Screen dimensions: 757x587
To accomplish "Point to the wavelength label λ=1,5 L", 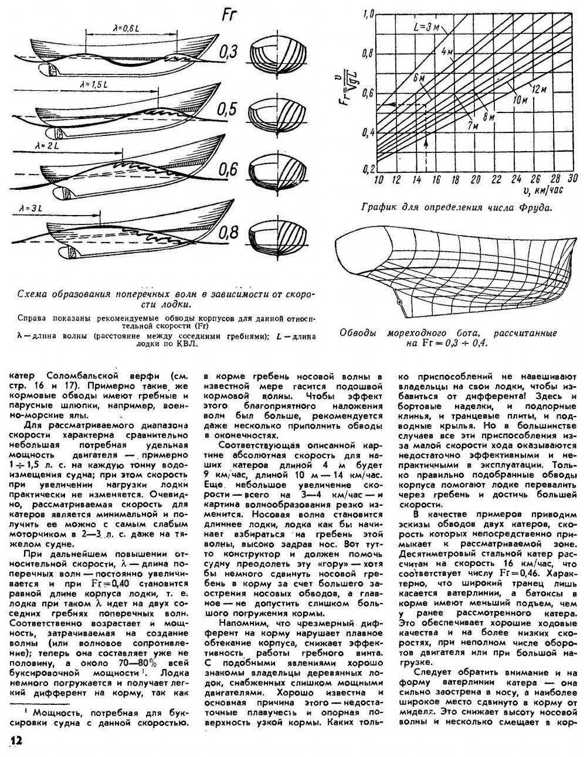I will pos(94,86).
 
